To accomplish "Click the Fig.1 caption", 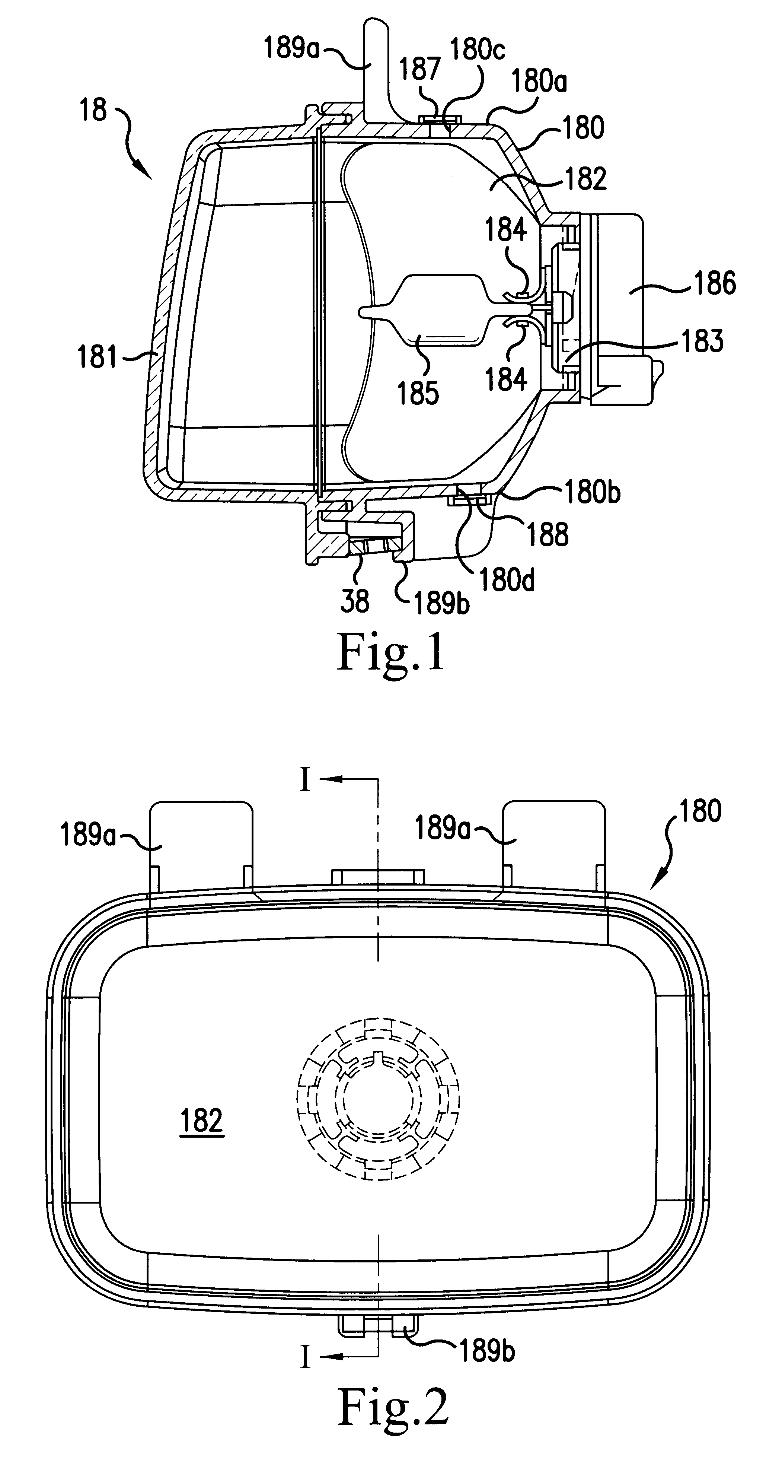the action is (x=391, y=652).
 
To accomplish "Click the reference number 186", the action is (x=715, y=283).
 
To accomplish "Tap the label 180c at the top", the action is (x=478, y=50).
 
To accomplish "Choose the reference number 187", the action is (x=419, y=69).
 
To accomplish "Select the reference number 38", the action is (x=354, y=601).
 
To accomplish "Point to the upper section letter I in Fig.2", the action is (x=305, y=781).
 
